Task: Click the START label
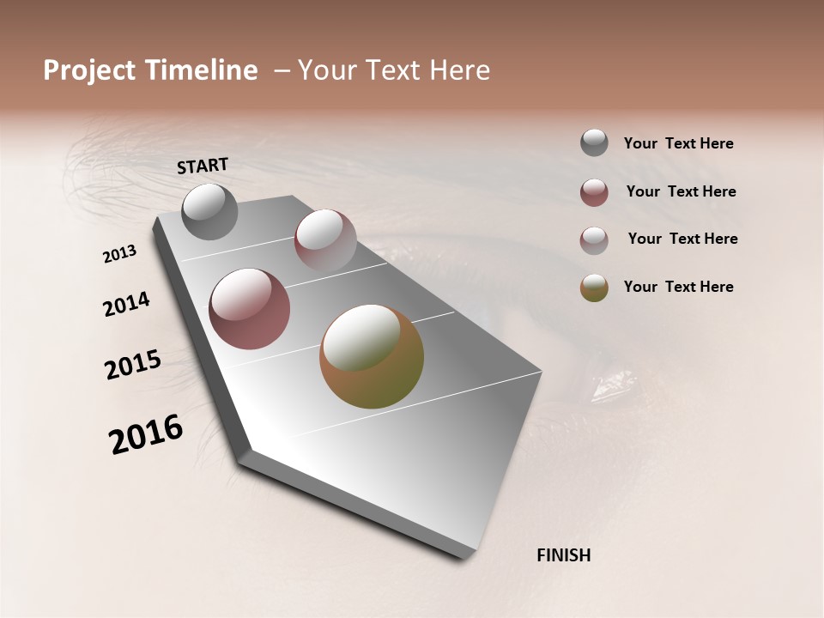pyautogui.click(x=203, y=166)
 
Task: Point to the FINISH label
pyautogui.click(x=564, y=555)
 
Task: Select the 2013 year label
pyautogui.click(x=120, y=254)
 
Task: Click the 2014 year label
pyautogui.click(x=126, y=305)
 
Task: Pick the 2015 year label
pyautogui.click(x=133, y=365)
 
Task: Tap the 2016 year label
pyautogui.click(x=146, y=434)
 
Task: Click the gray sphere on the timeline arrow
pyautogui.click(x=210, y=212)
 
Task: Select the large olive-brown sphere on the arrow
pyautogui.click(x=372, y=356)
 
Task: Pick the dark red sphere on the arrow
pyautogui.click(x=250, y=309)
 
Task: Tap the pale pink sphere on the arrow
pyautogui.click(x=325, y=239)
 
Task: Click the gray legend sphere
pyautogui.click(x=594, y=142)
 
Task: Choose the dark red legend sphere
pyautogui.click(x=594, y=192)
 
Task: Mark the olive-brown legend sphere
pyautogui.click(x=594, y=288)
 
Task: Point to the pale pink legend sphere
pyautogui.click(x=594, y=240)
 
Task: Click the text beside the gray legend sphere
pyautogui.click(x=678, y=144)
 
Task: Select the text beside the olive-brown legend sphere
pyautogui.click(x=678, y=287)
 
